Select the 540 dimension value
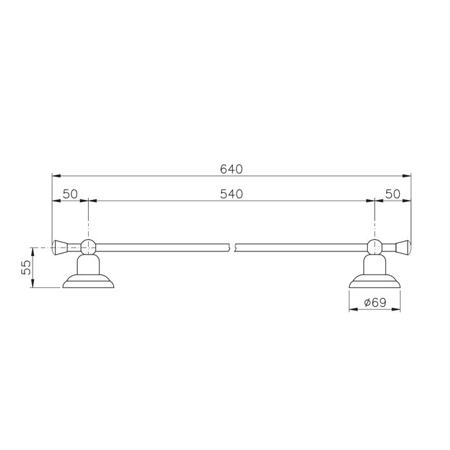[230, 194]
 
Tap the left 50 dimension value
[70, 194]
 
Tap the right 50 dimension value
[393, 194]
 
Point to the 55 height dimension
[26, 267]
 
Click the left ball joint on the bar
[87, 245]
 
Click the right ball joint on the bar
[375, 245]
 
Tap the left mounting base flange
[87, 282]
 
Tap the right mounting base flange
[375, 282]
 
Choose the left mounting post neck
[87, 264]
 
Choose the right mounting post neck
[375, 264]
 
